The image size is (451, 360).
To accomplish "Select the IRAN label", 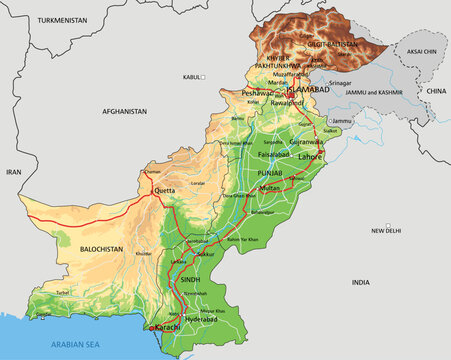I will click(14, 172).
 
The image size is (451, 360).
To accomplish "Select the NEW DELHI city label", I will click(387, 230).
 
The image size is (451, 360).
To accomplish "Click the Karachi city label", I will click(167, 327).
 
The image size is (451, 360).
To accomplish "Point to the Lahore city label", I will click(311, 156).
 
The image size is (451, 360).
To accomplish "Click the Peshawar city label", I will click(257, 92).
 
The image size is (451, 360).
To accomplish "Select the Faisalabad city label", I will click(272, 156).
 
